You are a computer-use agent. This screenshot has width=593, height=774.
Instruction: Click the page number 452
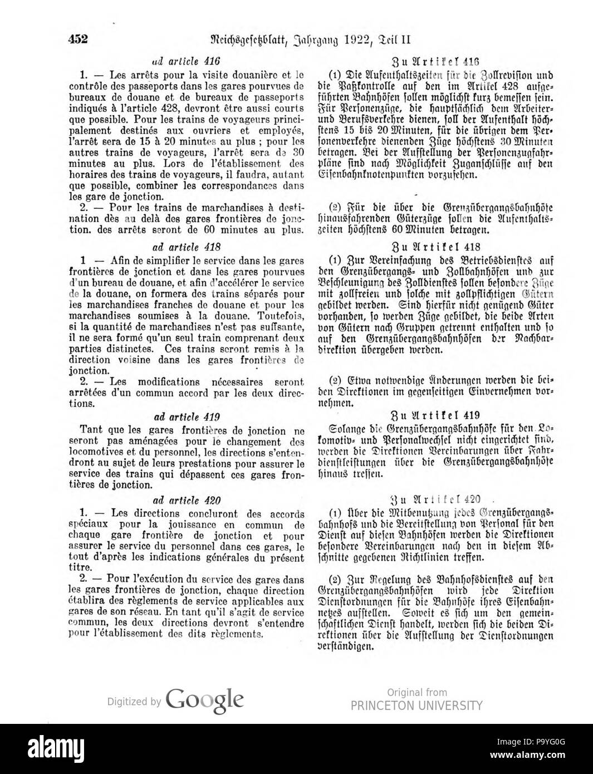79,39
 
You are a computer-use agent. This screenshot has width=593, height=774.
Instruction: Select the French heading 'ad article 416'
187,62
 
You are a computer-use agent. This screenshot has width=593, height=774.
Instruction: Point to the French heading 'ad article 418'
187,247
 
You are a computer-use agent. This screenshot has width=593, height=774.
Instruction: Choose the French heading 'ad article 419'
187,417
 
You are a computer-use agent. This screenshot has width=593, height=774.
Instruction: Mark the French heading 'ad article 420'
187,500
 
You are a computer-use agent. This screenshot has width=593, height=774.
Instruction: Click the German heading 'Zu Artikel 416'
435,62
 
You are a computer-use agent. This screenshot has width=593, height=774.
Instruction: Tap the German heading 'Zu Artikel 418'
435,247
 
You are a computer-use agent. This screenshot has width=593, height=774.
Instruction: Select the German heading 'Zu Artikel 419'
435,415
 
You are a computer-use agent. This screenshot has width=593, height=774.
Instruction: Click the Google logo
204,699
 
